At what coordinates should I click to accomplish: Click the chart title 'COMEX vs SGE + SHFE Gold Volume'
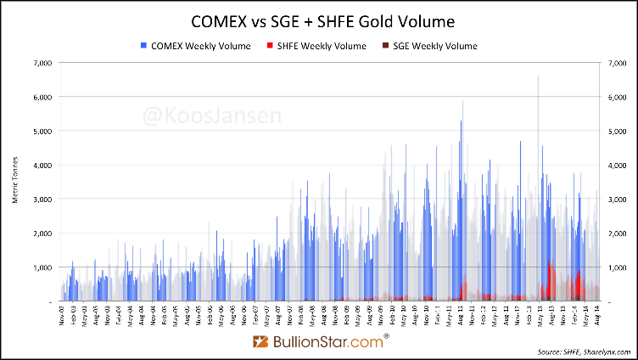[319, 19]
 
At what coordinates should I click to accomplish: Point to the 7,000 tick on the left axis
[42, 63]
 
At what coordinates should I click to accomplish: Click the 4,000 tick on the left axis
[42, 165]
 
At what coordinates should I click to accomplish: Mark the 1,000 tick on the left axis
[42, 267]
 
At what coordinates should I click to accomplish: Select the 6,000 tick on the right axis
[612, 97]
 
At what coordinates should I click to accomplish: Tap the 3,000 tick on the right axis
[612, 199]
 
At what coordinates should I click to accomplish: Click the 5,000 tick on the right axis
[612, 131]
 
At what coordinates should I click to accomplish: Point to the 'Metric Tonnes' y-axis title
[14, 182]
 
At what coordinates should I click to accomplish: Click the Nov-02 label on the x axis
[62, 315]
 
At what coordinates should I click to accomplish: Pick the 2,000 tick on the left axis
[42, 233]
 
